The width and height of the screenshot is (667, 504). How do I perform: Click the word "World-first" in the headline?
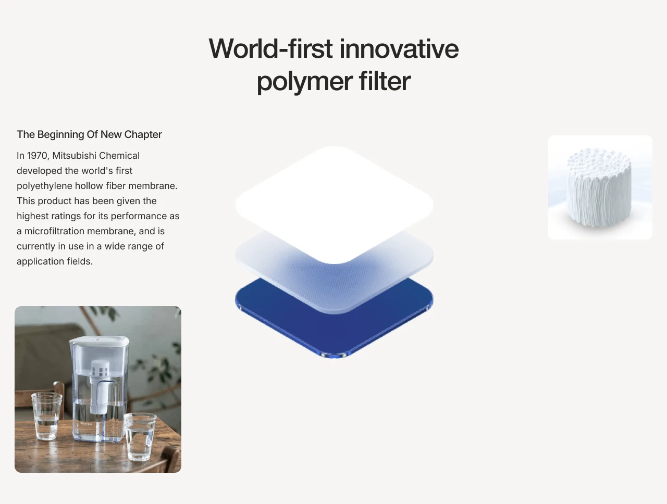[x=270, y=48]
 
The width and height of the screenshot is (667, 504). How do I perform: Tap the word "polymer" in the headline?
[x=304, y=82]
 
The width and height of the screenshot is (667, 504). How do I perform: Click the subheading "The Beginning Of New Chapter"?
[x=89, y=134]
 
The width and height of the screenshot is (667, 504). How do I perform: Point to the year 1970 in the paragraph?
[x=38, y=156]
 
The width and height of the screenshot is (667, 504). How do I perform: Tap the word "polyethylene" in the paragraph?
[x=45, y=186]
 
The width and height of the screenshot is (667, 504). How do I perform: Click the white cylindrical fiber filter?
[x=599, y=187]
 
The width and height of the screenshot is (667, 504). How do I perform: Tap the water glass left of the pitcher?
[x=47, y=416]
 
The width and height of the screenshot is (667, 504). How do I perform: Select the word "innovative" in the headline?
[x=399, y=48]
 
